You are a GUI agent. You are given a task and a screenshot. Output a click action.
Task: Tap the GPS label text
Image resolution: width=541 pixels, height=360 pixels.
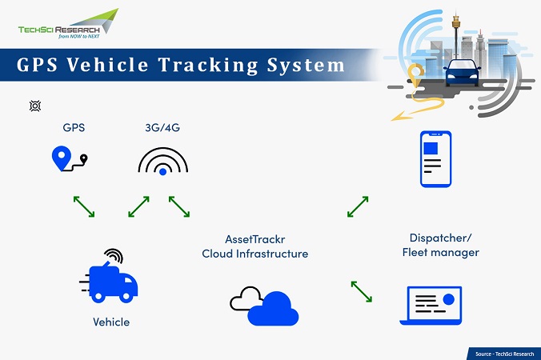click(74, 127)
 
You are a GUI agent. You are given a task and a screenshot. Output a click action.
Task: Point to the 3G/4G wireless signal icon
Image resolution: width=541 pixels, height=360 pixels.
click(163, 162)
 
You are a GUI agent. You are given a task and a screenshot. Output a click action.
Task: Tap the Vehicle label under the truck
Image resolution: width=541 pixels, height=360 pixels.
click(110, 322)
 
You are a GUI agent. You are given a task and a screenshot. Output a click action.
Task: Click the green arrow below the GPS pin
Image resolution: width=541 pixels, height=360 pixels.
click(84, 206)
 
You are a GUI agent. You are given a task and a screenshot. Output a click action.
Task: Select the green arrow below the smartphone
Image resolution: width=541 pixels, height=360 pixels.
click(358, 206)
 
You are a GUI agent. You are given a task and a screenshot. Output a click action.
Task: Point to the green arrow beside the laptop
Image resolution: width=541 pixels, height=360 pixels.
click(362, 291)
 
